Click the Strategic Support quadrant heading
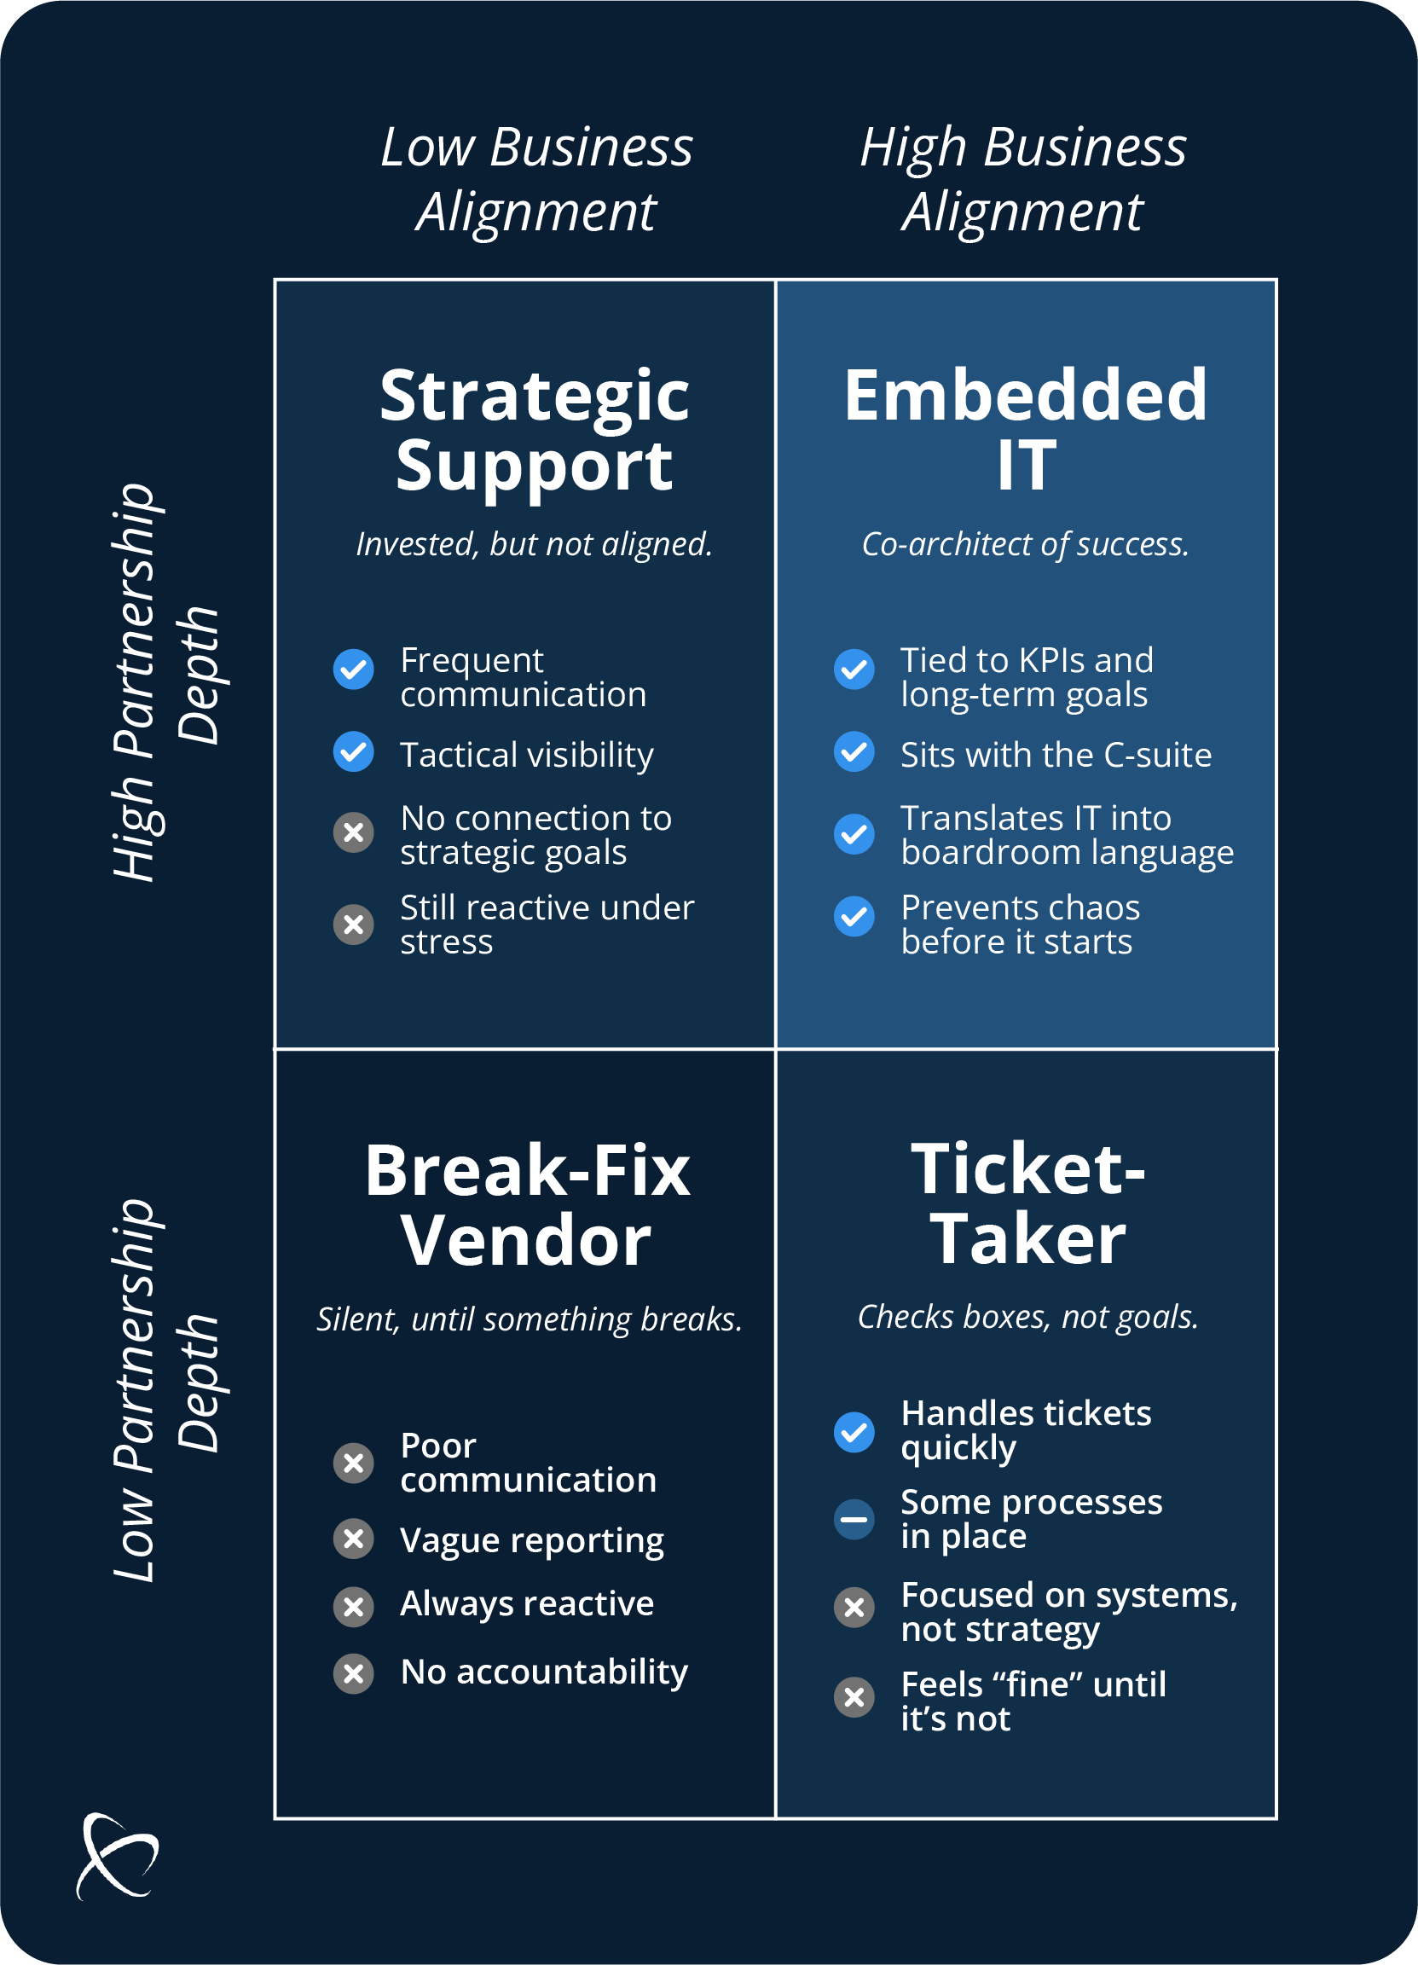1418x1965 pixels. (535, 431)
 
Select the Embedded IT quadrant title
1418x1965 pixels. (1026, 431)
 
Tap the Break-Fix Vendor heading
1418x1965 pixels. (527, 1205)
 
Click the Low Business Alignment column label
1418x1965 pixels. (537, 178)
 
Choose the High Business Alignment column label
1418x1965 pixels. (1023, 178)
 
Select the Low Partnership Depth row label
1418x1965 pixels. (165, 1389)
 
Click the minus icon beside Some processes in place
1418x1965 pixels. (854, 1520)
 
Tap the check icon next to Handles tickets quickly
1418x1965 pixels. (854, 1432)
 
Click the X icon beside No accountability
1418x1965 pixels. (353, 1673)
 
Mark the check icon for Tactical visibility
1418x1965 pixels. (353, 752)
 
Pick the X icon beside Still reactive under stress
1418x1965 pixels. (353, 925)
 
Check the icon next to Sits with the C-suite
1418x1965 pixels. (854, 752)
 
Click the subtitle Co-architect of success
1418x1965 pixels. (1026, 544)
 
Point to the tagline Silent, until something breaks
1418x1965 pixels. (530, 1319)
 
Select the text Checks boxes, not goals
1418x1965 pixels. (1028, 1317)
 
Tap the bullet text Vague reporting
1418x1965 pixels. (532, 1539)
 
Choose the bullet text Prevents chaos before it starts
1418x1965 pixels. (1020, 925)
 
